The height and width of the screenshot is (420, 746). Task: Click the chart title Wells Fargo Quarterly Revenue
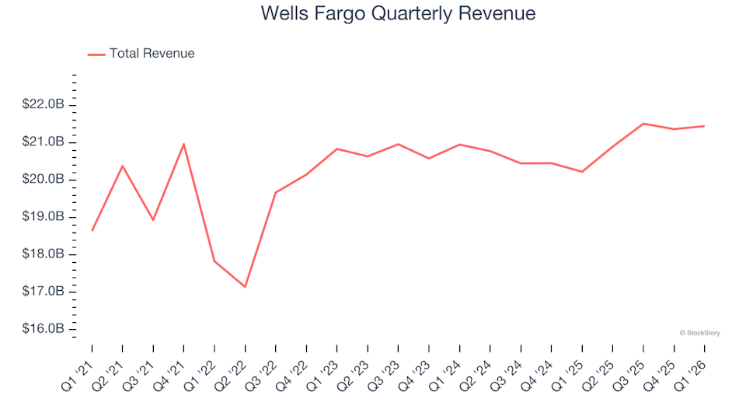point(398,14)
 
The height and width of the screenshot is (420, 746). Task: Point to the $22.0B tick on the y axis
point(44,105)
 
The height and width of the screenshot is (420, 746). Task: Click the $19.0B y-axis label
point(44,217)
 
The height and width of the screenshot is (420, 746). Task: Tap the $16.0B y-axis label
point(44,329)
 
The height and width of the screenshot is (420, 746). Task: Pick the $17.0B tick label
point(44,292)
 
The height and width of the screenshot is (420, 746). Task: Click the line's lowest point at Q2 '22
point(245,287)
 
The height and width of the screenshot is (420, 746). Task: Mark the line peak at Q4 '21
point(183,144)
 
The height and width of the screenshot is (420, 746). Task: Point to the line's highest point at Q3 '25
point(643,124)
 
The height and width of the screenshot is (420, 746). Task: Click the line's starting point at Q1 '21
point(92,230)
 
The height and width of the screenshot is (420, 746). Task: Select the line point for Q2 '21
point(122,166)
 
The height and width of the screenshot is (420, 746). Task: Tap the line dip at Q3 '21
point(153,220)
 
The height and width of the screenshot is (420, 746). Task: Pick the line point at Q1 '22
point(214,261)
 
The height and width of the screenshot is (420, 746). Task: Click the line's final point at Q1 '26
point(705,126)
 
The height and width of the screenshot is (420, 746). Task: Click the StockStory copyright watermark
point(699,333)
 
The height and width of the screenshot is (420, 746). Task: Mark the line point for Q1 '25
point(582,172)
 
